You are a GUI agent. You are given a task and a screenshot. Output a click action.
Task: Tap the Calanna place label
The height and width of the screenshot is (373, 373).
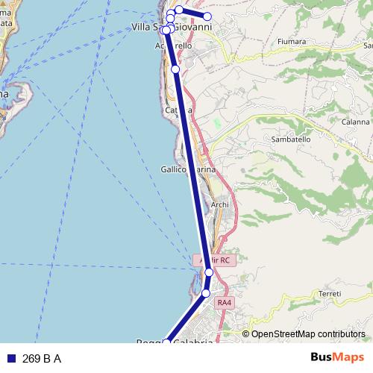[x=356, y=122]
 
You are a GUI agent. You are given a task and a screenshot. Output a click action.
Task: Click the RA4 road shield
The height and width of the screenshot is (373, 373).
[x=224, y=303]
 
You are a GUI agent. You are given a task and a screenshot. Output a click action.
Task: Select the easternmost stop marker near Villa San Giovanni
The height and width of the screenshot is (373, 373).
[x=207, y=16]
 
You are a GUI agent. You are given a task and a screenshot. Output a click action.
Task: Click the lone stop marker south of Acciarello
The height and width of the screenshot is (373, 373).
[x=175, y=69]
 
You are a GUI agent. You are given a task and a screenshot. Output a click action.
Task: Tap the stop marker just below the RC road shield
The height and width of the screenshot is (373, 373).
[x=209, y=273]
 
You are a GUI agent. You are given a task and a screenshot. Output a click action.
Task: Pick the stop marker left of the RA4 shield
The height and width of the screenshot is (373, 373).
[x=205, y=294]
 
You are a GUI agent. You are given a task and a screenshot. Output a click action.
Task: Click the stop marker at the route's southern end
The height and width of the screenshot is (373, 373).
[x=166, y=342]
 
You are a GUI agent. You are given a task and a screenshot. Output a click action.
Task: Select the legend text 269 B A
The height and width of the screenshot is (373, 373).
[x=42, y=359]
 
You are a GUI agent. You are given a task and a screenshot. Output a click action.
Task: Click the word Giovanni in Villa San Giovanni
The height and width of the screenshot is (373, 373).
[x=192, y=28]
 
